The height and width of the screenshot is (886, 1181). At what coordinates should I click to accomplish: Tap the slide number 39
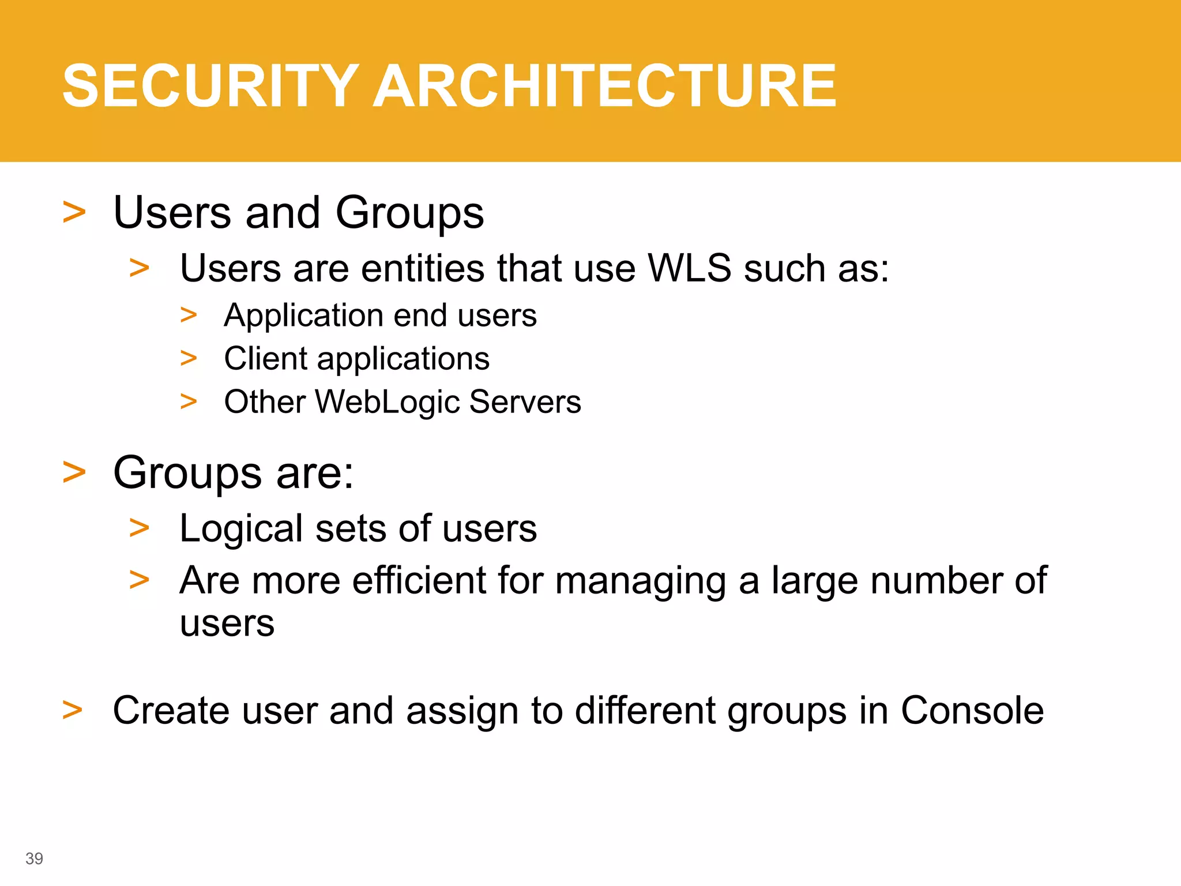tap(34, 858)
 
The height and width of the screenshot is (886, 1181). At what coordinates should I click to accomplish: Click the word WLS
tap(689, 268)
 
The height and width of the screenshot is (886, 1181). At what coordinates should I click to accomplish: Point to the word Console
tap(972, 710)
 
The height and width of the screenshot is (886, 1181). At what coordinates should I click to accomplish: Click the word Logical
tap(241, 529)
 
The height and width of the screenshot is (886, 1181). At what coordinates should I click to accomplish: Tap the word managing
tap(640, 581)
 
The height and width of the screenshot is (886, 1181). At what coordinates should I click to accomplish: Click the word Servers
tap(525, 402)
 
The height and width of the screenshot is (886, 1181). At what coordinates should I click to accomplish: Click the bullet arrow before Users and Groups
tap(74, 212)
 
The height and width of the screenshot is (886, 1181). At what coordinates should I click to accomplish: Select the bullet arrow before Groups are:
tap(74, 472)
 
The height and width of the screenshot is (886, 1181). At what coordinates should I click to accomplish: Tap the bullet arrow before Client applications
tap(189, 358)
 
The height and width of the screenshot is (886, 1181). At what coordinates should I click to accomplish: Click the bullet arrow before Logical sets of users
tap(139, 528)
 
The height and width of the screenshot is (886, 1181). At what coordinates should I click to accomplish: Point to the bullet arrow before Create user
tap(72, 710)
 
